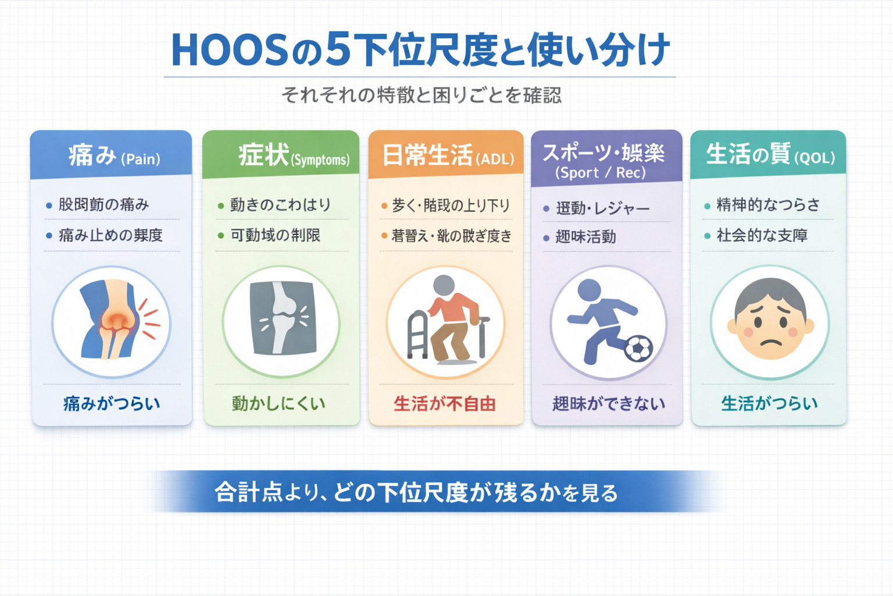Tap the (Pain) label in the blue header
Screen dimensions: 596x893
click(141, 159)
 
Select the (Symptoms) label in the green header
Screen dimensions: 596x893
click(320, 160)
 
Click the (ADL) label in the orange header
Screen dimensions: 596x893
click(495, 159)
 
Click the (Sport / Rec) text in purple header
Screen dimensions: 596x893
click(601, 173)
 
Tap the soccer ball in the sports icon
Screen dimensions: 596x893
click(638, 348)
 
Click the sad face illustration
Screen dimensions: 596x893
click(770, 322)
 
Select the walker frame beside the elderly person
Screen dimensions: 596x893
click(419, 335)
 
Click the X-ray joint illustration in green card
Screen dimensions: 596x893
click(282, 319)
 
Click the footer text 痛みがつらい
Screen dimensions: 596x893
click(112, 403)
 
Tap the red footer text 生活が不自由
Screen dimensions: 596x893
click(445, 403)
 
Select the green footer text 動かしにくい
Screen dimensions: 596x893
click(278, 403)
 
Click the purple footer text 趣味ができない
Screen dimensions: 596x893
click(608, 403)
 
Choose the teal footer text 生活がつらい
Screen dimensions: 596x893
click(769, 403)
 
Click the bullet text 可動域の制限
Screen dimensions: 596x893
click(276, 235)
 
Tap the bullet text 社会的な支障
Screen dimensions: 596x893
click(762, 235)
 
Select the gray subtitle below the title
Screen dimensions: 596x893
click(422, 95)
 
